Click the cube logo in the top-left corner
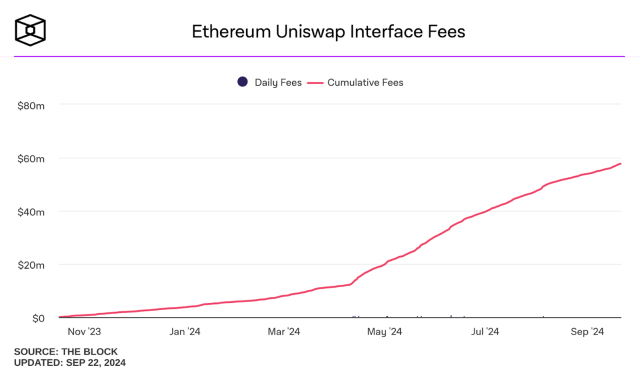pos(30,30)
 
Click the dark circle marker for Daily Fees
pos(242,82)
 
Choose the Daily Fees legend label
pos(278,82)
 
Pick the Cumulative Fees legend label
pos(365,82)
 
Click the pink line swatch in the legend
pos(315,82)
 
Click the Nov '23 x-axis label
pos(84,331)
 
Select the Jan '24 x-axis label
pos(185,331)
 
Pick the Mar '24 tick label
pos(283,331)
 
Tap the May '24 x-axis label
pos(384,331)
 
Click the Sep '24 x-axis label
pos(587,331)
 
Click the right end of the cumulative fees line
pos(620,164)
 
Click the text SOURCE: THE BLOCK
pos(65,351)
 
